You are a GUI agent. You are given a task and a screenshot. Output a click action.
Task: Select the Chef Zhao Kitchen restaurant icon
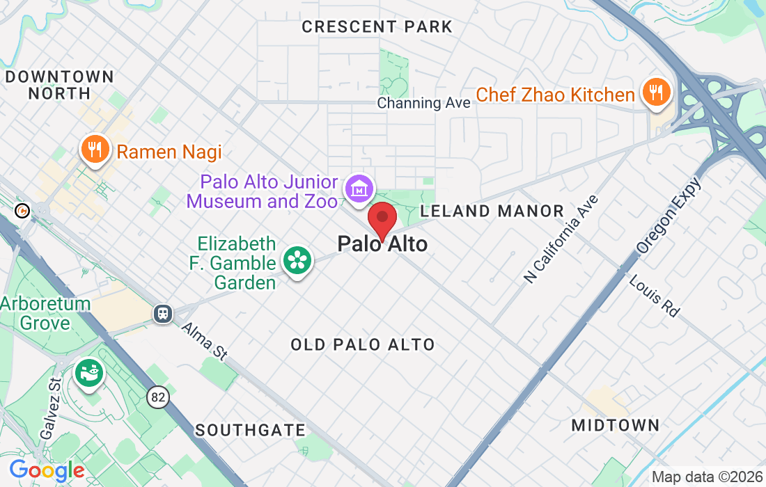(655, 92)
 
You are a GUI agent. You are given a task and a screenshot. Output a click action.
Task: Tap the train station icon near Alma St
(163, 313)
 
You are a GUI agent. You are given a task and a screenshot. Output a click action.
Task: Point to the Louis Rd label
(654, 295)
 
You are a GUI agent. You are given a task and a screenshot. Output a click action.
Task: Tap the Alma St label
(205, 341)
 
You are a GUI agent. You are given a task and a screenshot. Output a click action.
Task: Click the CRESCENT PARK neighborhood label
(377, 27)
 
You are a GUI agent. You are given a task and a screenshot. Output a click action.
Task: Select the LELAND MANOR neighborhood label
(492, 211)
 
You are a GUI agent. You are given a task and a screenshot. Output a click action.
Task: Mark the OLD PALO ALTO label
(362, 344)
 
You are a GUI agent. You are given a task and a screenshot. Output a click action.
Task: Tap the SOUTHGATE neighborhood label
(250, 430)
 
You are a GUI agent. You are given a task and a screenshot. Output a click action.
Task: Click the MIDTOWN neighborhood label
(615, 424)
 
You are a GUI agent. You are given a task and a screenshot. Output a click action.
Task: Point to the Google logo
(47, 471)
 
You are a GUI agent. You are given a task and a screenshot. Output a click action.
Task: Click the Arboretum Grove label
(45, 313)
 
